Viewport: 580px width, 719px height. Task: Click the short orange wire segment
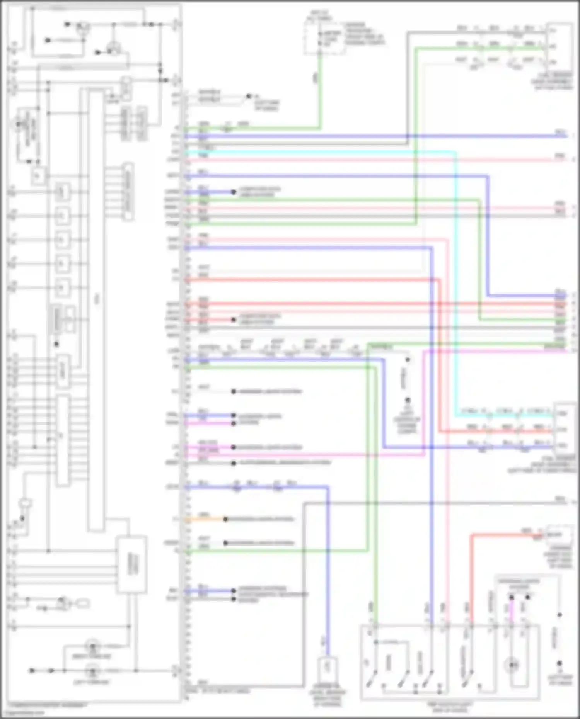(x=205, y=519)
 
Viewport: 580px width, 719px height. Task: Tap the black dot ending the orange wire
(x=225, y=519)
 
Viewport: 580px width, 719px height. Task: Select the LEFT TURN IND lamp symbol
(x=92, y=671)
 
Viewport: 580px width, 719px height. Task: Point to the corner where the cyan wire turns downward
(x=455, y=153)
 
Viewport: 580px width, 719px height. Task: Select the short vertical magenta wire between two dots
(x=511, y=610)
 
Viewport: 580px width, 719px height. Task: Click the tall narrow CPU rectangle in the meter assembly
(x=96, y=309)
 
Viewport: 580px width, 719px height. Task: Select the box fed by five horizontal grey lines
(x=132, y=564)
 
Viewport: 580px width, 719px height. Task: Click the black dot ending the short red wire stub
(x=234, y=320)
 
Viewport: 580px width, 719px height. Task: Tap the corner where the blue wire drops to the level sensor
(x=328, y=488)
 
